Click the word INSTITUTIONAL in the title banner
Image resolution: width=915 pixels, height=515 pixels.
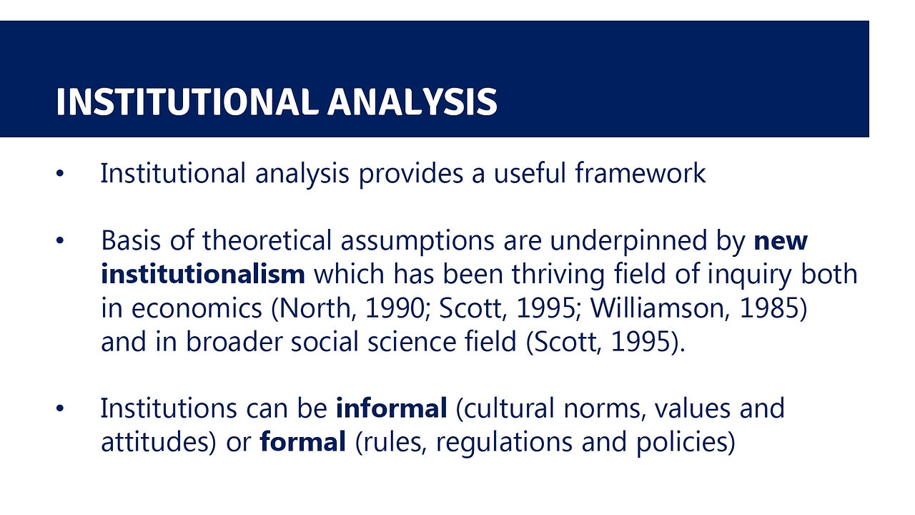click(187, 102)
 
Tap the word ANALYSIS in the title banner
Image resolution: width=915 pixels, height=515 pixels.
click(412, 102)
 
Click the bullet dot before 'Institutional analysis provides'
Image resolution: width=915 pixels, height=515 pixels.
click(60, 173)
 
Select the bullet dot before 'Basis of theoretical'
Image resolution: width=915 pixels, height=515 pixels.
click(60, 240)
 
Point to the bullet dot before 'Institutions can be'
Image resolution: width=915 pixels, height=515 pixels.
click(60, 408)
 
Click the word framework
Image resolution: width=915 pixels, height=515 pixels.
click(640, 173)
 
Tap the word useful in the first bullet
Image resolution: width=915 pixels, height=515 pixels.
click(530, 173)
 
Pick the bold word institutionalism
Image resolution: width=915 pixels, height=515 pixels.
click(203, 274)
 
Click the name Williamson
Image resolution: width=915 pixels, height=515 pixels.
click(660, 308)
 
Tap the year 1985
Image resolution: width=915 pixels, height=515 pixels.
click(770, 308)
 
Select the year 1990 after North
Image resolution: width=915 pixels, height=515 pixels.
click(395, 308)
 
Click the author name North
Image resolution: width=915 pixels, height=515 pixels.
click(314, 308)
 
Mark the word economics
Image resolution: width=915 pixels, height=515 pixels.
click(197, 308)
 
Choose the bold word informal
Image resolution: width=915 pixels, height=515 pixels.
click(391, 408)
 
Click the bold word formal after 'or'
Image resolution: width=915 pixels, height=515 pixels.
click(302, 441)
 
